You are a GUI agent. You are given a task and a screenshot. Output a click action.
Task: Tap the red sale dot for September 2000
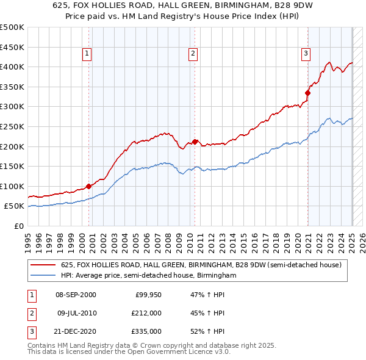[88, 186]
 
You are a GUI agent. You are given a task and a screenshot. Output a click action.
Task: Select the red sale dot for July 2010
[195, 142]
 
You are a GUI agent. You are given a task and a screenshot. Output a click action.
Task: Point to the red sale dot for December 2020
[307, 93]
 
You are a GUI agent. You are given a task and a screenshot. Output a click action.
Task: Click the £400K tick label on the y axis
[12, 67]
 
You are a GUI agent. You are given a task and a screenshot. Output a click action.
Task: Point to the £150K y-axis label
[12, 166]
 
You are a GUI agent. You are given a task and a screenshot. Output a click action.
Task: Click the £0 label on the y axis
[18, 226]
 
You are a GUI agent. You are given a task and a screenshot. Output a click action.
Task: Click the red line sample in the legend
[43, 265]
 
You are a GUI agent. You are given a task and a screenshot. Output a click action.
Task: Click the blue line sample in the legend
[43, 275]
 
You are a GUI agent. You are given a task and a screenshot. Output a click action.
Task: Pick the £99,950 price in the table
[148, 295]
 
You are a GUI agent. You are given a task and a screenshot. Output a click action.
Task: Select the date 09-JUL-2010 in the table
[76, 313]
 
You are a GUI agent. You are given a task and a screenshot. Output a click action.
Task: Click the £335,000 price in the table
[146, 331]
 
